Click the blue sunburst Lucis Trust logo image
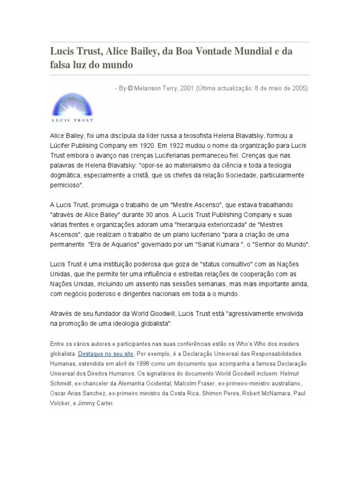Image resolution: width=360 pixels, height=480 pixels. [x=72, y=104]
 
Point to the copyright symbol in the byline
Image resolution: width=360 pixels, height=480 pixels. [x=130, y=88]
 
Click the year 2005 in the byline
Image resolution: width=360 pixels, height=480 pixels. [x=300, y=88]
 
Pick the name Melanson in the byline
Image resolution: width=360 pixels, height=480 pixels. [x=149, y=88]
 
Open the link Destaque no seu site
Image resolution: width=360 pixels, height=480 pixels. [x=105, y=353]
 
